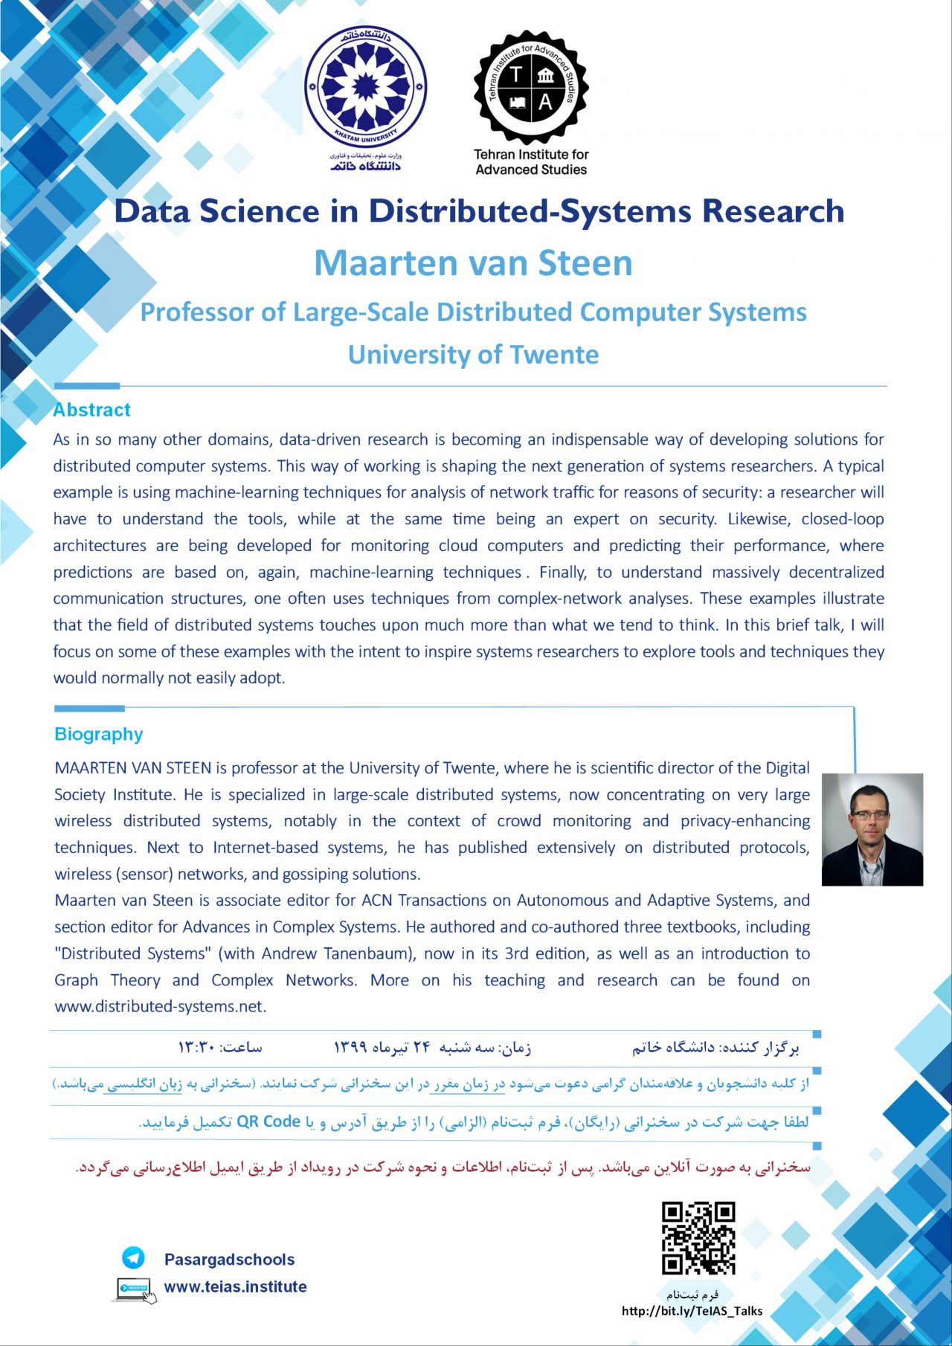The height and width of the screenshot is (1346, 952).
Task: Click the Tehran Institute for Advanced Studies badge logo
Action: [x=531, y=88]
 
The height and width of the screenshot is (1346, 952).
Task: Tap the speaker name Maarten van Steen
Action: [x=473, y=263]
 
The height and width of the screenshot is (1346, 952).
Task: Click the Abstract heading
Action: [x=91, y=410]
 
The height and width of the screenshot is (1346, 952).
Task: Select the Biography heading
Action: [x=99, y=734]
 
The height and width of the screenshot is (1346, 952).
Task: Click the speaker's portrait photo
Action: [x=872, y=829]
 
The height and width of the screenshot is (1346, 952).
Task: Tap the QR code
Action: [x=698, y=1238]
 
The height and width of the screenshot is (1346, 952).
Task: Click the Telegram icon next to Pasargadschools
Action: [x=133, y=1258]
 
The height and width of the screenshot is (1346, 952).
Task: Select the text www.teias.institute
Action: [x=235, y=1287]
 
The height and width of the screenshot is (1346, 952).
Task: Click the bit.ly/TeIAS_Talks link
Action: [x=692, y=1311]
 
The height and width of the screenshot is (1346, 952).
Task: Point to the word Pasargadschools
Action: [x=229, y=1260]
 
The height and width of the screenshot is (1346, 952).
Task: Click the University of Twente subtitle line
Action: [x=473, y=355]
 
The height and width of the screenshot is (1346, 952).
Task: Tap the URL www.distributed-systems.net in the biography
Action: [x=160, y=1006]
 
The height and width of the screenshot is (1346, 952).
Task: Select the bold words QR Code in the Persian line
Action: [x=268, y=1121]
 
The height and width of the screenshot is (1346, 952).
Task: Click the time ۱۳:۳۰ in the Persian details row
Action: [x=196, y=1048]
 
